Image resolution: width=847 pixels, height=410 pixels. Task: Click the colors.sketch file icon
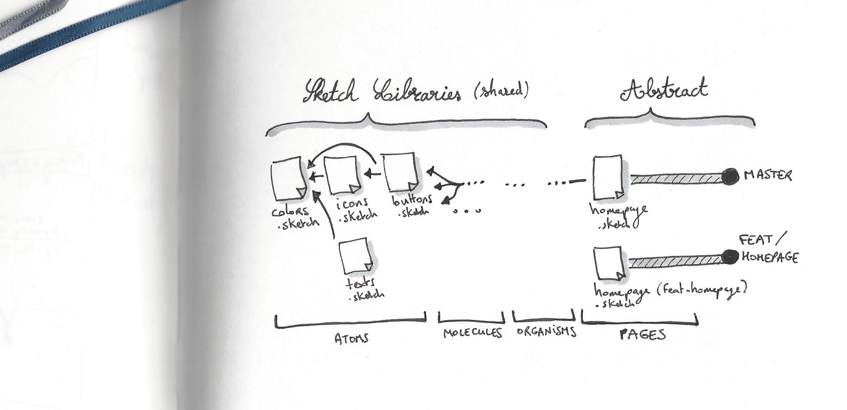click(287, 179)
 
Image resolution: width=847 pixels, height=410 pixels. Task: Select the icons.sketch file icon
click(342, 175)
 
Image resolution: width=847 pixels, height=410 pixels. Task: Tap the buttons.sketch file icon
click(399, 173)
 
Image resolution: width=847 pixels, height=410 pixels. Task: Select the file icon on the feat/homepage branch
click(608, 265)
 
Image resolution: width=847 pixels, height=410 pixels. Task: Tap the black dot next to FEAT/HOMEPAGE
click(729, 257)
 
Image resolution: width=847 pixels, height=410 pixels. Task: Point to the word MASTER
click(767, 175)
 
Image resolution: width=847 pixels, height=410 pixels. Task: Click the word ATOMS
click(351, 338)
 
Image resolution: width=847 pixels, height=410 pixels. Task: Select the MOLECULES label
click(472, 333)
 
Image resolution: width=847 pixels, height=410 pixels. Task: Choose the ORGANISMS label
click(546, 332)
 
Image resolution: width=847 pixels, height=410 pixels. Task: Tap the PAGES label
click(642, 335)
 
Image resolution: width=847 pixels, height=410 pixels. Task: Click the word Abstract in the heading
click(664, 90)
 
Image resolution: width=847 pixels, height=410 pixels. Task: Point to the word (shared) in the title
click(501, 92)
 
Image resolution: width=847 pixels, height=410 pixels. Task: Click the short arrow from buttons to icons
click(372, 173)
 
